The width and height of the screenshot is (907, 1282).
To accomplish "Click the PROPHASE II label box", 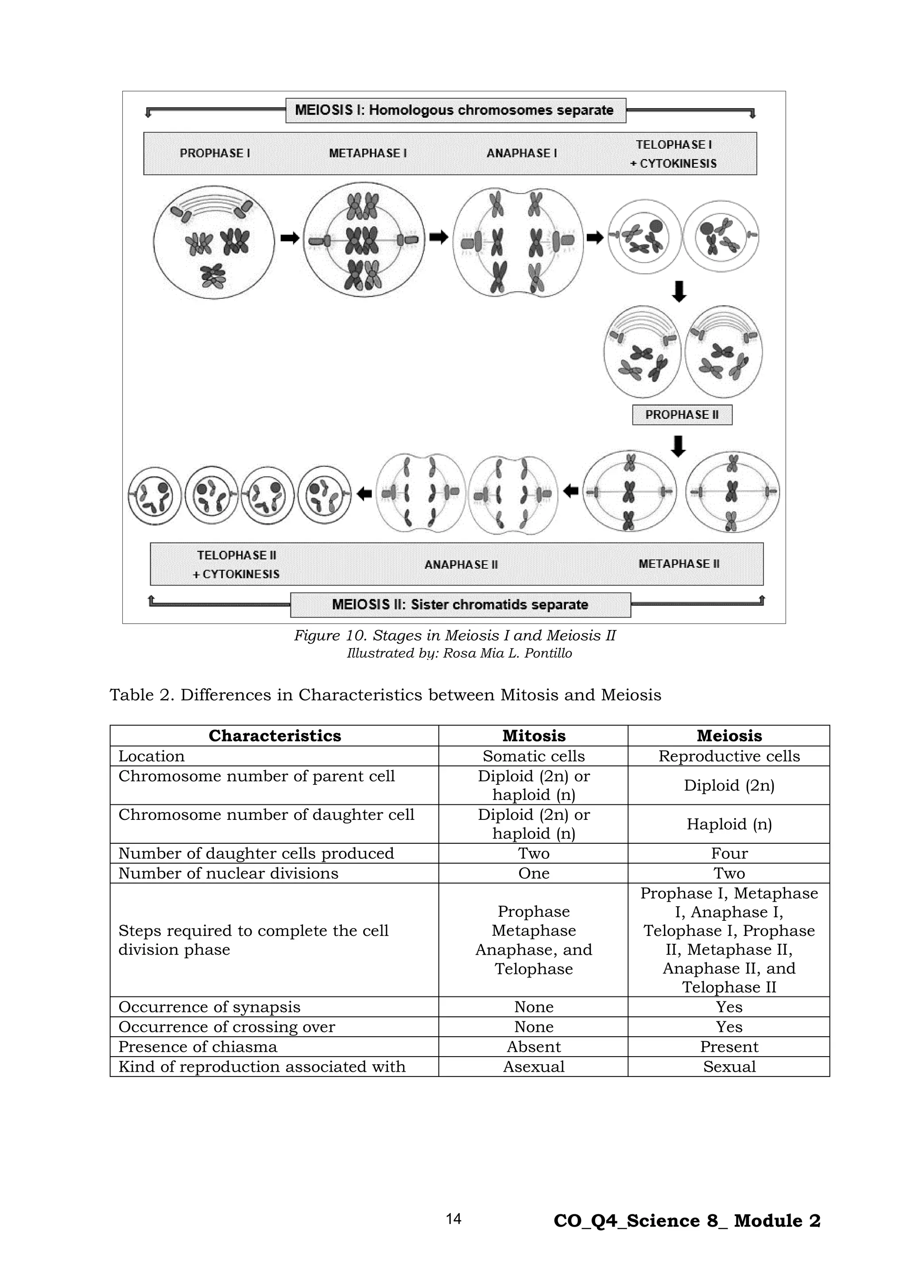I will point(682,415).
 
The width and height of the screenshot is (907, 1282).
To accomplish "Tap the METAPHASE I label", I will point(368,153).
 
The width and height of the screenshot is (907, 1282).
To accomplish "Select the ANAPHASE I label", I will point(522,153).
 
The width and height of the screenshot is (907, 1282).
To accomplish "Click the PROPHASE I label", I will point(214,153).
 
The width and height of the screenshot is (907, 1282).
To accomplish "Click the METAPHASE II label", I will point(678,564).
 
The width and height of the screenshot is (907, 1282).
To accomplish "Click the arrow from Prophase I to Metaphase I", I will point(289,239).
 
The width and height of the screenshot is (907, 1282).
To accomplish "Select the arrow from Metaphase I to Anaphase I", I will point(438,237).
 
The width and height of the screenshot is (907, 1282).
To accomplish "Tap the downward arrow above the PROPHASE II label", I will point(678,291).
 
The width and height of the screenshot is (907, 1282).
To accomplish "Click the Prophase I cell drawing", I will point(214,242).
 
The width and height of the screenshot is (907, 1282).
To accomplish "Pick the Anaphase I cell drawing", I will point(518,242).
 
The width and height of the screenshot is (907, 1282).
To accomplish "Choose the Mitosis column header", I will point(533,735).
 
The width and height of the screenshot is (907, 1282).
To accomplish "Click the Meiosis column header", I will point(729,735).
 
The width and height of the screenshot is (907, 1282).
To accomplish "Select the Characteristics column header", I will point(275,735).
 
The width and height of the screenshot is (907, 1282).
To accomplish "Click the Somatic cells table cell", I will point(533,756).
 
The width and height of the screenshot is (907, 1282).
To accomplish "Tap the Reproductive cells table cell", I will point(729,756).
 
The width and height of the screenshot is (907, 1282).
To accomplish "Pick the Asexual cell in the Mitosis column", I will point(533,1066).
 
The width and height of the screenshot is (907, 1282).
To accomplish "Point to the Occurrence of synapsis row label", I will point(209,1007).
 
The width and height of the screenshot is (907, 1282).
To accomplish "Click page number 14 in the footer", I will point(453,1219).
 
